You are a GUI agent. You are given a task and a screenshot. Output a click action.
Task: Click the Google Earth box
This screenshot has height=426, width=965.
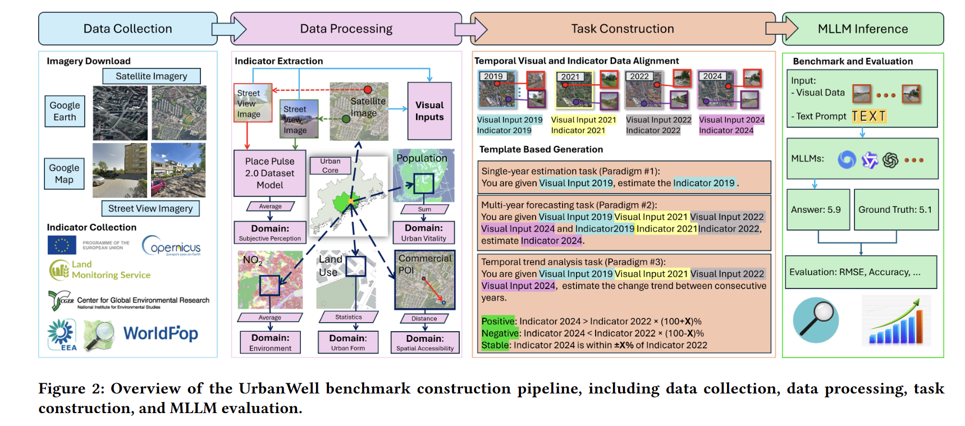pyautogui.click(x=65, y=111)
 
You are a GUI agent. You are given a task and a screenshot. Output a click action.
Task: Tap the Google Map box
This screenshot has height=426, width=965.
pyautogui.click(x=64, y=174)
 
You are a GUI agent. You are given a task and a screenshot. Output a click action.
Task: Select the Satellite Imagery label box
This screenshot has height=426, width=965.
pyautogui.click(x=152, y=76)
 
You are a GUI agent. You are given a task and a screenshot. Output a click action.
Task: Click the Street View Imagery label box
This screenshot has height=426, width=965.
pyautogui.click(x=150, y=208)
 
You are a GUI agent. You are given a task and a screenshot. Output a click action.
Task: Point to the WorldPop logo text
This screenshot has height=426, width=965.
pyautogui.click(x=161, y=333)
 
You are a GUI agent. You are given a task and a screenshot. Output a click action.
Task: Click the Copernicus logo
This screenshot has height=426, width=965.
pyautogui.click(x=171, y=246)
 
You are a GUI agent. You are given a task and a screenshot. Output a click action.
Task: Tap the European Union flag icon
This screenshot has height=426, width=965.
pyautogui.click(x=62, y=245)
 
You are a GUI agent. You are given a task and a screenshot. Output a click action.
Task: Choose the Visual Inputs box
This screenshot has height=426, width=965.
pyautogui.click(x=429, y=111)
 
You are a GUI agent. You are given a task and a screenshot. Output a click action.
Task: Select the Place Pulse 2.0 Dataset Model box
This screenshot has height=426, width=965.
pyautogui.click(x=270, y=173)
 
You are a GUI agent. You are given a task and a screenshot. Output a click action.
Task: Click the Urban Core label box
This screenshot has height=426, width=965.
pyautogui.click(x=330, y=166)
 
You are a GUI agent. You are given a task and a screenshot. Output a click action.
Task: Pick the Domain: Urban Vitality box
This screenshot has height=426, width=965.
pyautogui.click(x=424, y=232)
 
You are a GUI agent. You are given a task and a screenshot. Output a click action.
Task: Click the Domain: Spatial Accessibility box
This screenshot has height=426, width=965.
pyautogui.click(x=425, y=342)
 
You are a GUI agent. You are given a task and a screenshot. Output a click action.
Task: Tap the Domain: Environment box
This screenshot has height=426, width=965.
pyautogui.click(x=270, y=342)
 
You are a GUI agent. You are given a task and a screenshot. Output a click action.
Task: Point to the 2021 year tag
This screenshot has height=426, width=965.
pyautogui.click(x=570, y=77)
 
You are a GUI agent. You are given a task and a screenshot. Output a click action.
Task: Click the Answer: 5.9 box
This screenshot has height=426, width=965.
pyautogui.click(x=818, y=210)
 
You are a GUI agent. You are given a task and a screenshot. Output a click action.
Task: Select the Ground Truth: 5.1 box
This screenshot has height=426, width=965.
pyautogui.click(x=896, y=210)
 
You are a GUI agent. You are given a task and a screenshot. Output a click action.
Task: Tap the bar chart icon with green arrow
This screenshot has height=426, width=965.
pyautogui.click(x=896, y=321)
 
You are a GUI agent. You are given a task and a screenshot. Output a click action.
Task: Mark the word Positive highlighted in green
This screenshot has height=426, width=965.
pyautogui.click(x=498, y=321)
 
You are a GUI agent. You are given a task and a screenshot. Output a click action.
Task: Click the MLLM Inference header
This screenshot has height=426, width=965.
pyautogui.click(x=863, y=29)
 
